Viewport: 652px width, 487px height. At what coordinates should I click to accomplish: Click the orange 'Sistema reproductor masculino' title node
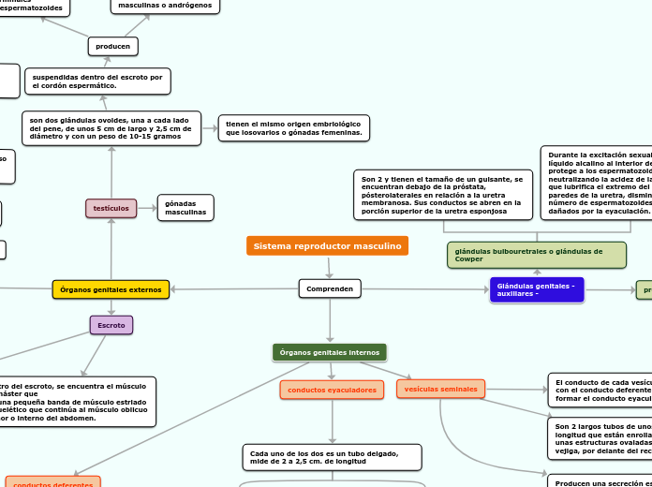click(327, 246)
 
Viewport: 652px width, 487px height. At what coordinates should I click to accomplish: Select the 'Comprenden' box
click(330, 289)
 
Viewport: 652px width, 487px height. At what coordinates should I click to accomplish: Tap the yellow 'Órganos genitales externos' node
click(111, 290)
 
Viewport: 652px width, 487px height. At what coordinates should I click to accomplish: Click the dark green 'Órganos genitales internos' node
click(329, 352)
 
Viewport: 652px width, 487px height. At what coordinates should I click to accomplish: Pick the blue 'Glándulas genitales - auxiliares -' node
click(536, 290)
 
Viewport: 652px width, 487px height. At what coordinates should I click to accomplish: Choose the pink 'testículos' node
click(111, 208)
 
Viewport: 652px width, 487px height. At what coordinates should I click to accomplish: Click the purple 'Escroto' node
click(111, 325)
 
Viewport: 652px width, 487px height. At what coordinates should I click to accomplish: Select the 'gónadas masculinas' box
click(185, 208)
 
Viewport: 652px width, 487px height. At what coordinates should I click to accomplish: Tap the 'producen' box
click(113, 46)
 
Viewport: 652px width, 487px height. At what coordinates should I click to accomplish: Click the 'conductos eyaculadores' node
click(332, 390)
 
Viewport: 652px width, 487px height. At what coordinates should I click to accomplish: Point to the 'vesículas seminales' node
click(440, 389)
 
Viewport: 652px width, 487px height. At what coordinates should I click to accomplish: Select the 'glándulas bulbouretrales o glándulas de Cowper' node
click(537, 255)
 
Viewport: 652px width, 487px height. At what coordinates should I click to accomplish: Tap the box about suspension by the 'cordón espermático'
click(97, 81)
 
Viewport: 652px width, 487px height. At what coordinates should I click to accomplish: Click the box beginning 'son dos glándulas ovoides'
click(111, 128)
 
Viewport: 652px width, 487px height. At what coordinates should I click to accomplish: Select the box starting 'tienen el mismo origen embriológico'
click(293, 128)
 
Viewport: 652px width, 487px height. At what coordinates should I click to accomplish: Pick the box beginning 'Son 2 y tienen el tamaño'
click(442, 195)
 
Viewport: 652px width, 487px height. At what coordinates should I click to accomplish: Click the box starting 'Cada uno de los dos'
click(332, 457)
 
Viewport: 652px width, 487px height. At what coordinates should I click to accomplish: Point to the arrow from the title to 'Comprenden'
click(329, 268)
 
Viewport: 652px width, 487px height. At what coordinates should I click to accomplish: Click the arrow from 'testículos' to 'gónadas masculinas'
click(147, 208)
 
